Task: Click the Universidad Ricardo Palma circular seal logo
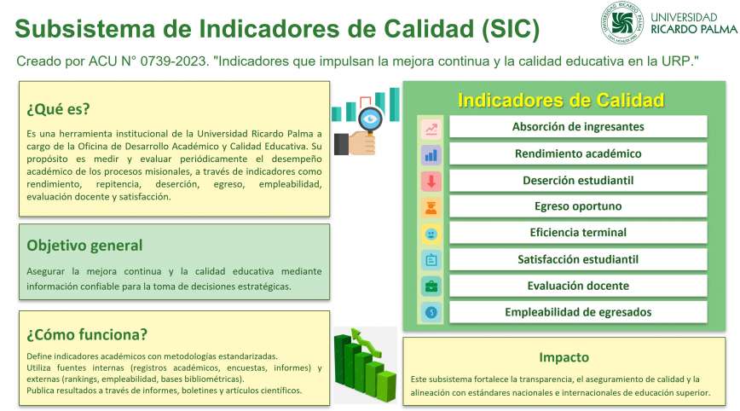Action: tap(622, 22)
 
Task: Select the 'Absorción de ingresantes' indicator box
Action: tap(578, 126)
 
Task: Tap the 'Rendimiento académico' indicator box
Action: tap(578, 153)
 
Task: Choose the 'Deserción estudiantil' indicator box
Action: tap(578, 180)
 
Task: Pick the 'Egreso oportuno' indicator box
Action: tap(578, 206)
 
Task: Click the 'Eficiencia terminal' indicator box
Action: tap(578, 233)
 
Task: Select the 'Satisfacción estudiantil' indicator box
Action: tap(578, 259)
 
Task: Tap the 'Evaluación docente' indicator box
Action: tap(578, 286)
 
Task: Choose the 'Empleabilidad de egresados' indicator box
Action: tap(578, 312)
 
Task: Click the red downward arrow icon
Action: tap(431, 182)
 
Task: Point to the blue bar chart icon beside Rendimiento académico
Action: tap(431, 155)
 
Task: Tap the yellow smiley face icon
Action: tap(431, 234)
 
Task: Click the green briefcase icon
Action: tap(431, 287)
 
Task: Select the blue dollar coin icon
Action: tap(431, 312)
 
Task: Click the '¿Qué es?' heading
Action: tap(58, 109)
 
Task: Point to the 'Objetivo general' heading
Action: tap(84, 246)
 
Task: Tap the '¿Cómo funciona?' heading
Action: tap(87, 334)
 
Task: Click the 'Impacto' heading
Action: tap(564, 357)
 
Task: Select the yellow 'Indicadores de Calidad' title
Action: tap(561, 100)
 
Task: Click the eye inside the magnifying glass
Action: tap(370, 119)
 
